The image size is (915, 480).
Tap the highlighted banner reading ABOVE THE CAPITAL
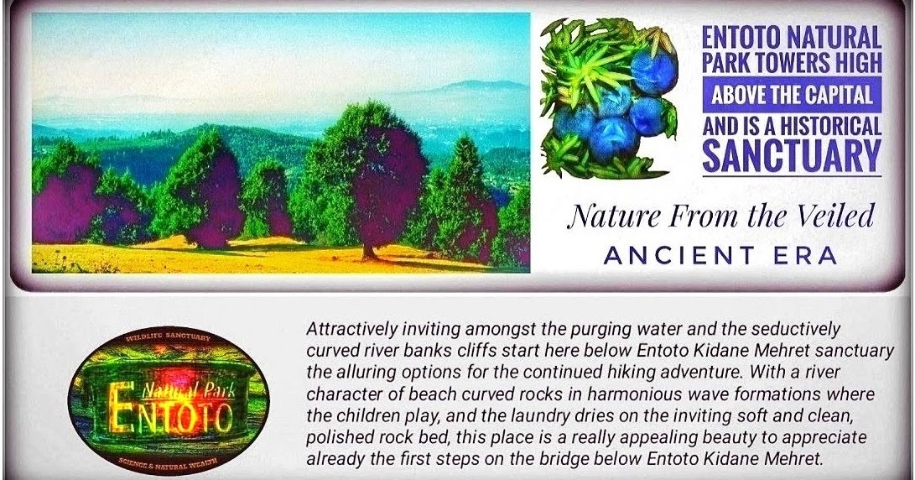[791, 95]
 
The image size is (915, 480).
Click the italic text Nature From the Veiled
[720, 217]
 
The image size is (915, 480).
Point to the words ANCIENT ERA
[720, 256]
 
